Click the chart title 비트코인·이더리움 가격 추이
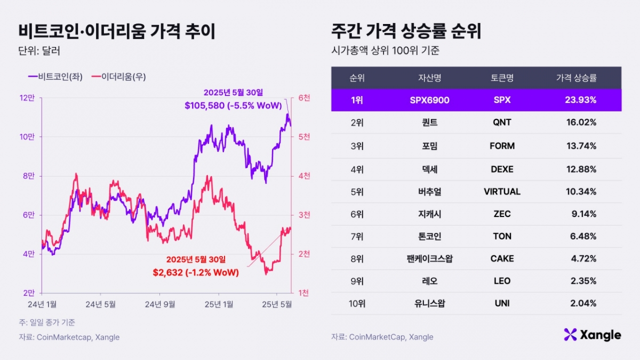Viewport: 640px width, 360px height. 117,31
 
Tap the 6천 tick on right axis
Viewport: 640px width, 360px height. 304,98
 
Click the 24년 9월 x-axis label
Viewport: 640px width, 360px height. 161,304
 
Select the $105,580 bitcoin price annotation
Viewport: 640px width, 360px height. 233,106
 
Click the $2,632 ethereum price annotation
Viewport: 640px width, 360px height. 196,273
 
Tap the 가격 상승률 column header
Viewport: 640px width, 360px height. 577,78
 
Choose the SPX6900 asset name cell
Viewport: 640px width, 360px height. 429,100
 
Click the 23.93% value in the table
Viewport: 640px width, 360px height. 581,100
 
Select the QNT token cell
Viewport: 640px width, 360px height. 502,123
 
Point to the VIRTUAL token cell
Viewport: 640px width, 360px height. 502,191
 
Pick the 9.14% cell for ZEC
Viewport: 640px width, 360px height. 583,214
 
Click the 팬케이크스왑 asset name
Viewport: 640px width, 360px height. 429,259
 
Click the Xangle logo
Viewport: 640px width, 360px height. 592,335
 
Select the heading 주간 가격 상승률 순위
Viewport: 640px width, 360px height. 406,31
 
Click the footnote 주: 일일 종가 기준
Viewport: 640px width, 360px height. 47,323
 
